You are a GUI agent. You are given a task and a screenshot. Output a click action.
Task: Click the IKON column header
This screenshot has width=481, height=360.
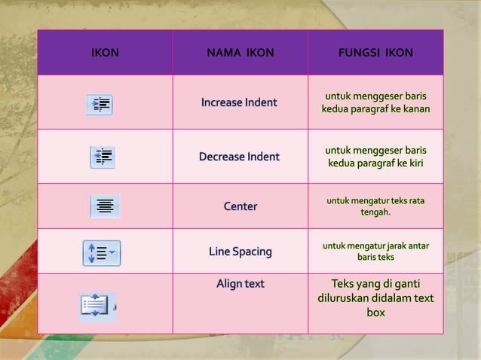(105, 53)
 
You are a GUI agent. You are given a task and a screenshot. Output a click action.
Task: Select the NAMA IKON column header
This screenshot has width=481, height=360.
(240, 53)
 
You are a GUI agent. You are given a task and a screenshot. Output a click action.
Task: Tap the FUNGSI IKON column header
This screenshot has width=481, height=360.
(375, 53)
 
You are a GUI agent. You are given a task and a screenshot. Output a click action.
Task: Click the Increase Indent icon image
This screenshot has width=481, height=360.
(100, 105)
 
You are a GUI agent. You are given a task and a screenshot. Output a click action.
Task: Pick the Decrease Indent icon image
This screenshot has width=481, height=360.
(103, 157)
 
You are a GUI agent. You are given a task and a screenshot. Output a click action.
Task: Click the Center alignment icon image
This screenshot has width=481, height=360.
(105, 206)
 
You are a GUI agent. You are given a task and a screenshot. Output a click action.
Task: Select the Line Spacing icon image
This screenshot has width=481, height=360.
(102, 253)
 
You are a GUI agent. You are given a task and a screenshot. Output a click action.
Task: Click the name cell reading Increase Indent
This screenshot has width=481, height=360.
(239, 102)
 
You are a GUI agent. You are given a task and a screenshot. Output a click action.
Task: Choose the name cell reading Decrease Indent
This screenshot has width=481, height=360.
(239, 157)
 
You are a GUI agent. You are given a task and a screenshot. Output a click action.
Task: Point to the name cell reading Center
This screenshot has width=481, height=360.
(240, 206)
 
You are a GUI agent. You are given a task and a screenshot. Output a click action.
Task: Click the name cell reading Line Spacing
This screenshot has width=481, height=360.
(240, 252)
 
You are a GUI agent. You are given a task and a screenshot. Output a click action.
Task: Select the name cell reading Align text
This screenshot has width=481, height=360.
(240, 284)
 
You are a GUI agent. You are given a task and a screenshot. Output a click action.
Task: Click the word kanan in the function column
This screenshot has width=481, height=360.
(415, 109)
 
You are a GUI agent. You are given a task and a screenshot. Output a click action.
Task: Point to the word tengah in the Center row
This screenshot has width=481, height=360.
(375, 212)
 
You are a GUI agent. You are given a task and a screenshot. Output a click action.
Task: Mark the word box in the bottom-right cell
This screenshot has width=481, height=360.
(375, 313)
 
